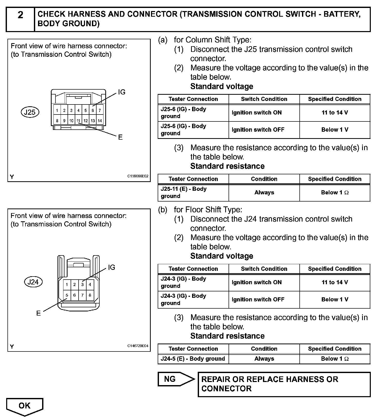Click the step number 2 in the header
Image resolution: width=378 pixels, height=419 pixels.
point(20,15)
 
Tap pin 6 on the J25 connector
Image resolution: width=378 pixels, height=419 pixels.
point(93,111)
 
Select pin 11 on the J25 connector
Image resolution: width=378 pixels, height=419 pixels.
point(78,120)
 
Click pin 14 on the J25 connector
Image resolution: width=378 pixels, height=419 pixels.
point(100,120)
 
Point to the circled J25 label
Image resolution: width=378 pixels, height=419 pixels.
point(30,112)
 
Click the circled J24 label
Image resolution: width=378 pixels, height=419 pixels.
point(33,282)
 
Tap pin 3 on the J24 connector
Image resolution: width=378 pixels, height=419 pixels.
point(82,284)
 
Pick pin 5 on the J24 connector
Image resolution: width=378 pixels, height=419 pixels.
point(67,295)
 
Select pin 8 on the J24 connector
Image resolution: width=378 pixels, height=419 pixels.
point(90,295)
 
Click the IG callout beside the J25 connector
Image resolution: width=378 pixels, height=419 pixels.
point(122,92)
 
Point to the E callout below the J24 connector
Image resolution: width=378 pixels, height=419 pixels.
point(39,313)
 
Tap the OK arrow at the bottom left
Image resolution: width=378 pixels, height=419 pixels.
point(25,406)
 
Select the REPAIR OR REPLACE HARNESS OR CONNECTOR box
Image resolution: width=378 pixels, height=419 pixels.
point(284,384)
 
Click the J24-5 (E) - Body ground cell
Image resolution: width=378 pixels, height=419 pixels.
point(193,359)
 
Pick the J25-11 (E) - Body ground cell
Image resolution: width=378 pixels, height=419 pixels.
point(193,193)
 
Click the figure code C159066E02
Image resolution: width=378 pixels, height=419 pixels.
point(138,176)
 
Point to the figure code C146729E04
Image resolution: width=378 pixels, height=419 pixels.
point(138,346)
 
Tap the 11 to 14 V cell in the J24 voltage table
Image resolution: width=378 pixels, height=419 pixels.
point(335,282)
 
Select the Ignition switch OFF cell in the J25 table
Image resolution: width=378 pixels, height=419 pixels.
point(264,130)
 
